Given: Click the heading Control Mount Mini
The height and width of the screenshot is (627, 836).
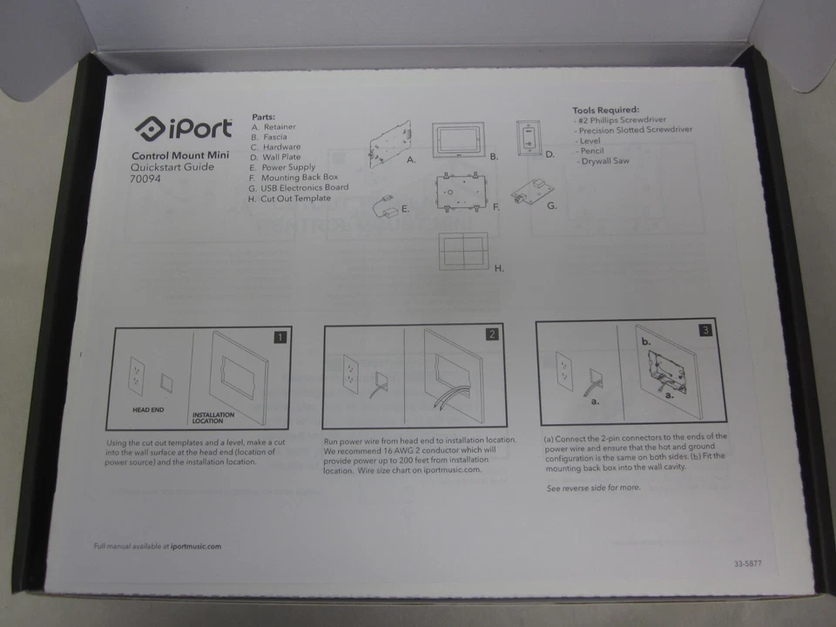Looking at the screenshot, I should [173, 155].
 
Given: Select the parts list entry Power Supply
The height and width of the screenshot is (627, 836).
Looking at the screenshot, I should [288, 167].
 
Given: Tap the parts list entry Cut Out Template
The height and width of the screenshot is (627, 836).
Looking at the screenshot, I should [295, 199].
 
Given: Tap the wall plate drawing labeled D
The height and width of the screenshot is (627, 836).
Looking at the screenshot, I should [529, 137].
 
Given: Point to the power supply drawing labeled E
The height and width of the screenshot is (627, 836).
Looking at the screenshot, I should [385, 206].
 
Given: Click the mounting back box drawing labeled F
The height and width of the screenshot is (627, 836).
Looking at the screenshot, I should [462, 191].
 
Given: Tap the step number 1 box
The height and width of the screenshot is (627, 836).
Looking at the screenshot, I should [280, 337].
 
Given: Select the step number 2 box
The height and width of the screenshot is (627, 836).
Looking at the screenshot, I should [492, 334].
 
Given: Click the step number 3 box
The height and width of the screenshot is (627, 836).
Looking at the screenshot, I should [705, 330].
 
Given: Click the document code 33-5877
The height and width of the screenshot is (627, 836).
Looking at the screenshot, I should [747, 563].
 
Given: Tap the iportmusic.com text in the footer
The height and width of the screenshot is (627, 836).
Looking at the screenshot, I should [196, 546].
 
